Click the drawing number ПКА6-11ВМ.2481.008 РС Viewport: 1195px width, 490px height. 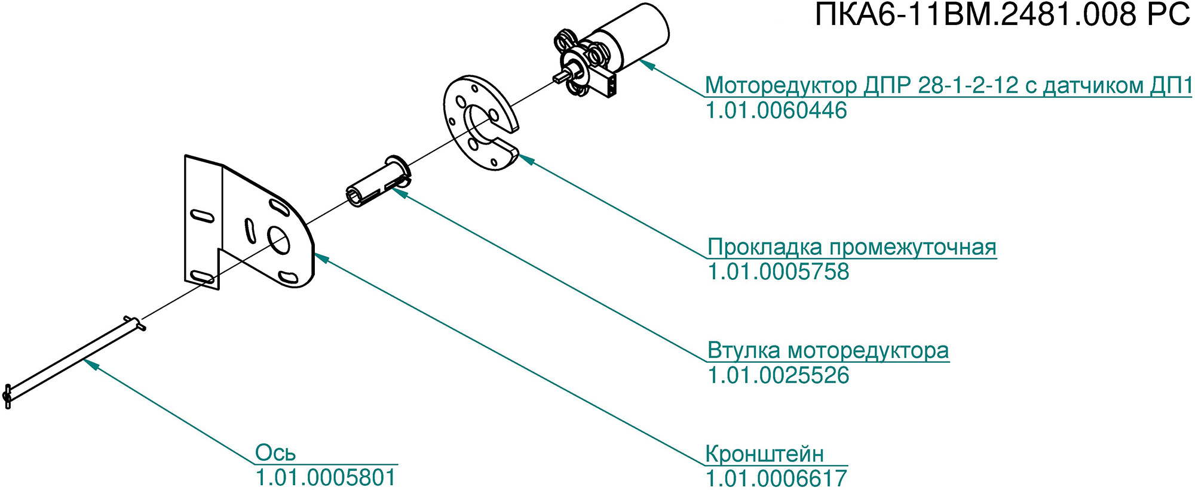1003,15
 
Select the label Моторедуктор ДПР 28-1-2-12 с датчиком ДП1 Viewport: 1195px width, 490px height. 948,86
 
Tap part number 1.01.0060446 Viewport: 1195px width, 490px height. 776,111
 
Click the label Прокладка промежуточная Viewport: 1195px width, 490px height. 851,247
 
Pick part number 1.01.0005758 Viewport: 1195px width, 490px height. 778,272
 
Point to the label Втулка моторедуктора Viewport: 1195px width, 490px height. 828,350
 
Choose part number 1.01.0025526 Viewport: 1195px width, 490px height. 778,375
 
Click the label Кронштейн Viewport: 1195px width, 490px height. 764,454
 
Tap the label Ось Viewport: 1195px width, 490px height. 275,453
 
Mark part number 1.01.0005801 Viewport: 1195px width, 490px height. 326,478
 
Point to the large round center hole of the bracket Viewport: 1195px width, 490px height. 278,240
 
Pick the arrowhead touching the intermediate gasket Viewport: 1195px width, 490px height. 525,159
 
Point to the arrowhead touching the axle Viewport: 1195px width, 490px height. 90,363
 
